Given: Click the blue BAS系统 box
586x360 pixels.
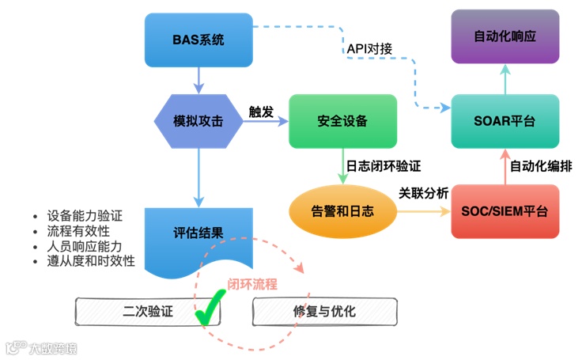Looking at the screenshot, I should [198, 40].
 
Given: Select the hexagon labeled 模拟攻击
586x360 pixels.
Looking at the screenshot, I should [198, 122].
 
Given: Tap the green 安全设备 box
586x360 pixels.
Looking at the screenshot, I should [342, 122].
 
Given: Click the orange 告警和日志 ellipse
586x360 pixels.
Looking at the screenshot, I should [342, 211].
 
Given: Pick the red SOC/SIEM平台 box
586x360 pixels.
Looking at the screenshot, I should [505, 211].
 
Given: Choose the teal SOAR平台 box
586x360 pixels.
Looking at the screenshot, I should [505, 122].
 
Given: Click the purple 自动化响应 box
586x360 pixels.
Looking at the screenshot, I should [505, 36].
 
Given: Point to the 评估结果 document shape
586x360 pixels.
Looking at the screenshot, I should [198, 235].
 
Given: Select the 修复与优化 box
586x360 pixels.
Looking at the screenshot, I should [324, 311].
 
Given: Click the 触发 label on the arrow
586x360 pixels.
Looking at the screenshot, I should [261, 112].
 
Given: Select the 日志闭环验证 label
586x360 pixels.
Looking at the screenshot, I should [383, 167].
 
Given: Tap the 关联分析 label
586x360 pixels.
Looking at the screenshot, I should [424, 193].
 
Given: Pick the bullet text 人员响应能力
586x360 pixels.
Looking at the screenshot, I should [86, 246].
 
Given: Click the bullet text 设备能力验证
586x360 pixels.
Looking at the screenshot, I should [85, 216].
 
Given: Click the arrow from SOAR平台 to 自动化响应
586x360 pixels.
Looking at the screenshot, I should [505, 79].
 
